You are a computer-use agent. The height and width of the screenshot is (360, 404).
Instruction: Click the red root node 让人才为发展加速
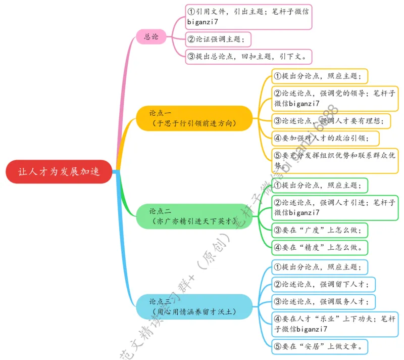[59, 171]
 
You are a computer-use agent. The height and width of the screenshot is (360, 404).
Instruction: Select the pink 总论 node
[151, 36]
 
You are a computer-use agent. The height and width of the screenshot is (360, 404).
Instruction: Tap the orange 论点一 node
[194, 118]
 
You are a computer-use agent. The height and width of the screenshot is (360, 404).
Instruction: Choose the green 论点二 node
[194, 216]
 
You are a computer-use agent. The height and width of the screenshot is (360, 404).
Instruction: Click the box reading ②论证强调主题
[218, 39]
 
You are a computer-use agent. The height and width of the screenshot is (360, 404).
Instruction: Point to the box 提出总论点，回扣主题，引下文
[249, 56]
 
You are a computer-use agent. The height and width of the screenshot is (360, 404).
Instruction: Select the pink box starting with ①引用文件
[248, 17]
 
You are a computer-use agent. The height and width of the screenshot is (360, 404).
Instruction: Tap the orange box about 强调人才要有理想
[334, 120]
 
